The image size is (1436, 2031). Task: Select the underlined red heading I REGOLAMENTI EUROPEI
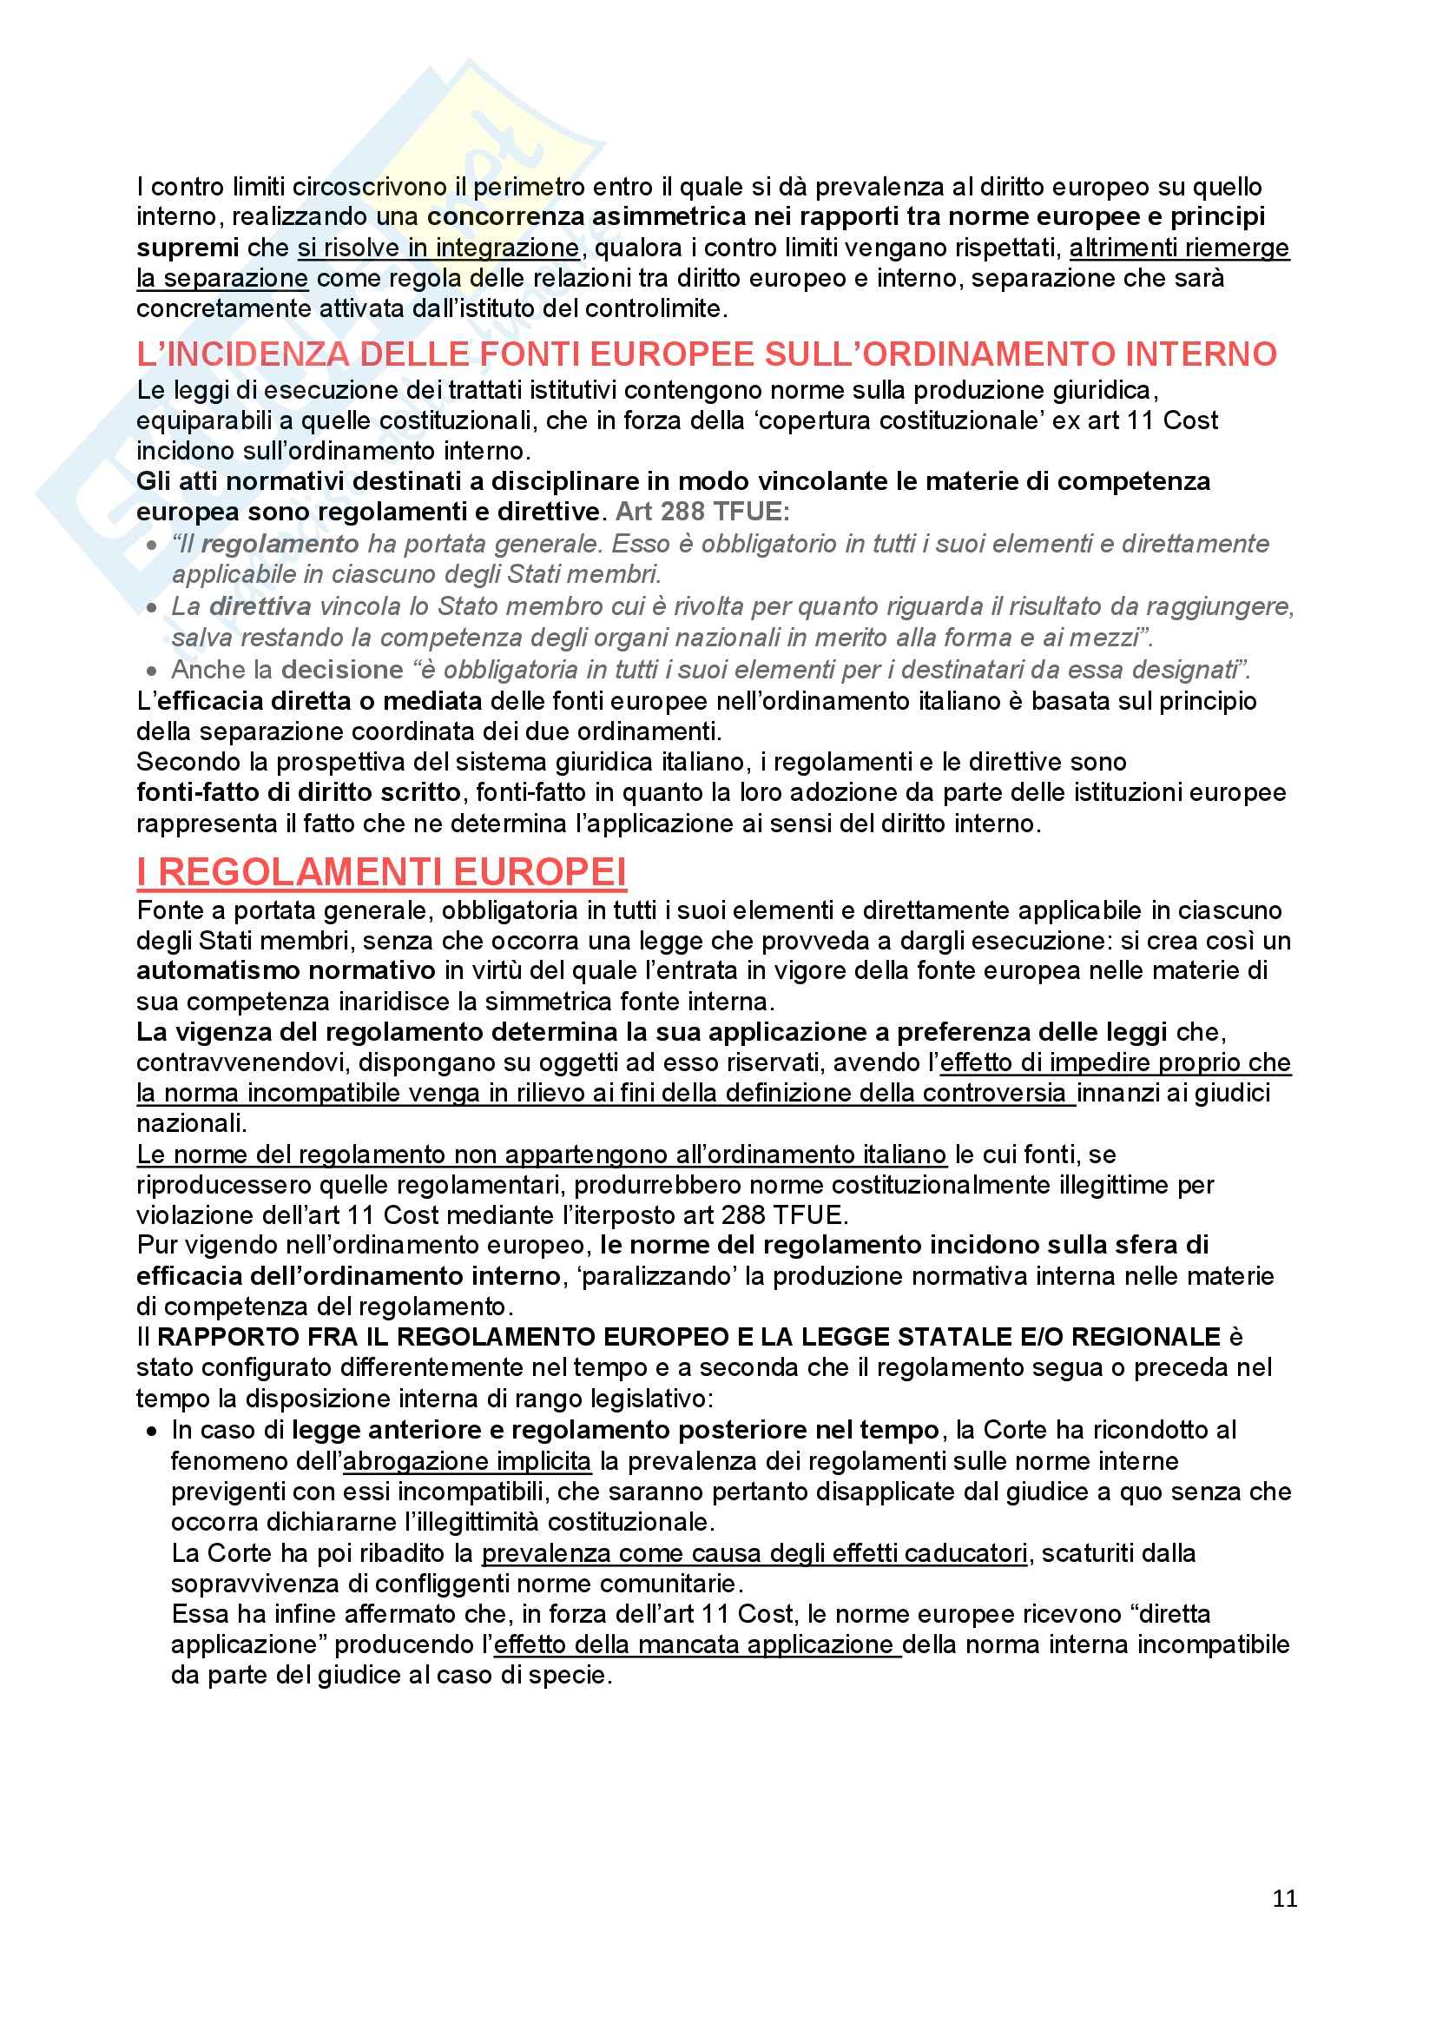(x=381, y=872)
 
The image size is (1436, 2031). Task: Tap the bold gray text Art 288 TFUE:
(x=702, y=512)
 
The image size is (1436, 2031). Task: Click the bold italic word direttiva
(x=260, y=606)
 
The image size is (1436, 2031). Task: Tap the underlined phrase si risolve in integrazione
(x=438, y=248)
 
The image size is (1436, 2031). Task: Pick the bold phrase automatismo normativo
(x=286, y=970)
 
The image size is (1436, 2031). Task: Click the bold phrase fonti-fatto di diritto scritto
(x=298, y=791)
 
